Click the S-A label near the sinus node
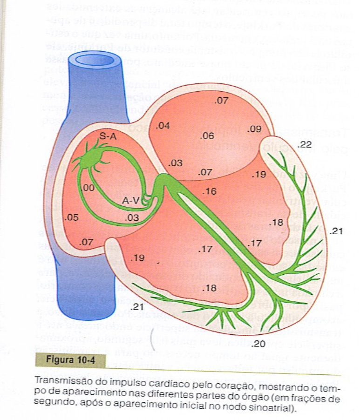click(108, 136)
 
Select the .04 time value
click(163, 126)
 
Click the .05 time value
click(72, 217)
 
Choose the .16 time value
click(210, 191)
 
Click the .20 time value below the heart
click(258, 344)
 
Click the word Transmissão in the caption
click(57, 380)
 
